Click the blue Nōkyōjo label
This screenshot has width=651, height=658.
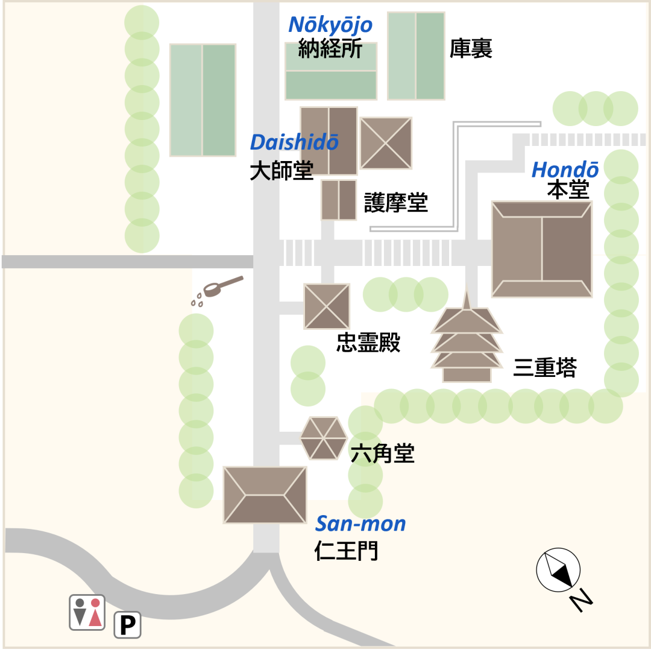[x=330, y=25]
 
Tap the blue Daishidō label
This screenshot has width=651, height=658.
[x=294, y=142]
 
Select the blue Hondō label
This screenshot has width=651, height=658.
[x=565, y=169]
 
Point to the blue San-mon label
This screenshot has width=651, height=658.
[x=360, y=524]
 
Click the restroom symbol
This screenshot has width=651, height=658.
[x=87, y=612]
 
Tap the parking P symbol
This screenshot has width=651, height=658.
[x=127, y=625]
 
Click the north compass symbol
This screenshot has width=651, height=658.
[x=558, y=570]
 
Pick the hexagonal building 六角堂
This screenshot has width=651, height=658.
[x=324, y=438]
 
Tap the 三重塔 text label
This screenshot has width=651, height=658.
[x=545, y=367]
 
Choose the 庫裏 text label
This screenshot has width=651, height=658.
[x=471, y=49]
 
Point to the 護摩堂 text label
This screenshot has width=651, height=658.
[x=395, y=203]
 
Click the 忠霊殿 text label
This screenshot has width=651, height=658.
[x=368, y=343]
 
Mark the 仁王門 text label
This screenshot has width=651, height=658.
[x=346, y=550]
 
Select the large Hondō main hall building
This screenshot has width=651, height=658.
[x=542, y=249]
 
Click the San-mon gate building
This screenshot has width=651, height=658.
[x=265, y=495]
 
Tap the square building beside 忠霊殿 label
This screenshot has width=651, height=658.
[x=327, y=306]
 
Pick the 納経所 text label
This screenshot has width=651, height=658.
[x=330, y=48]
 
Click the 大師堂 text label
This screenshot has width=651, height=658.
[x=281, y=171]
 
